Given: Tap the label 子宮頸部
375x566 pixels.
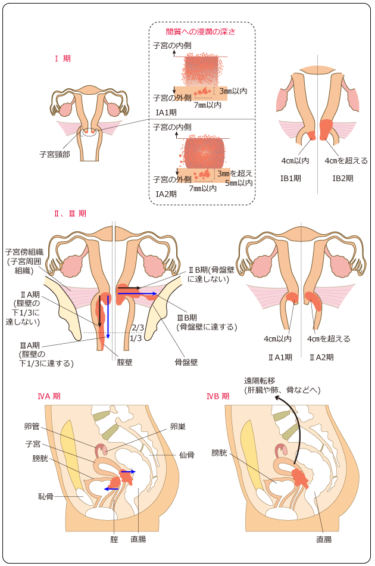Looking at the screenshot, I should coord(55,154).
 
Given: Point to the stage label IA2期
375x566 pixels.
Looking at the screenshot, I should coord(166,194).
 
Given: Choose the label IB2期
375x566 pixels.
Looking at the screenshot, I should coord(342,178).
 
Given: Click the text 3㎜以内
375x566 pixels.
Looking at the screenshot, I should coord(233,91).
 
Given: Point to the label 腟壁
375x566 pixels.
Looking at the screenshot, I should coord(126,361).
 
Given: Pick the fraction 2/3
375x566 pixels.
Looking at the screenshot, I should coord(138,328).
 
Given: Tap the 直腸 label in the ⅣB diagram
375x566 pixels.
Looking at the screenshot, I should coord(324,539).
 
